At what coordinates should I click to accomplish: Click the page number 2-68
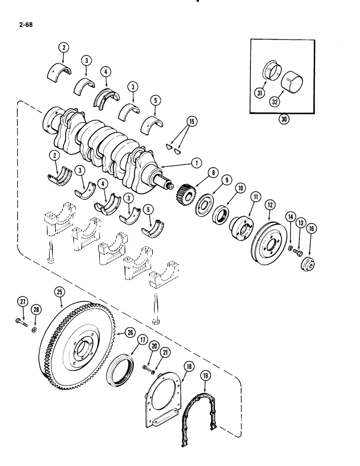[x=22, y=22]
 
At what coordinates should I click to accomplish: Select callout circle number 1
[x=195, y=163]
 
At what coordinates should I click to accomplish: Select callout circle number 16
[x=311, y=228]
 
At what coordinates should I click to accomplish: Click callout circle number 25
[x=59, y=292]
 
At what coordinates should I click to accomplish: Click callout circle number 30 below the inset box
[x=283, y=118]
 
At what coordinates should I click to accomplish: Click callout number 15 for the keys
[x=190, y=123]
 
